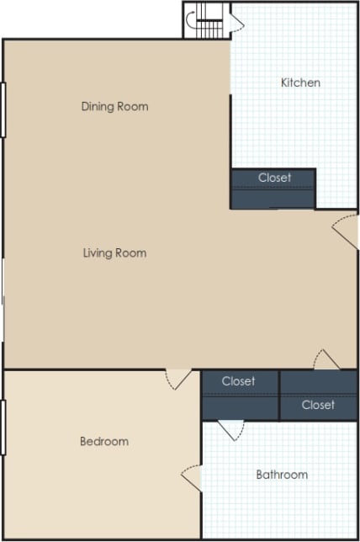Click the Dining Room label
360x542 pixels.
click(114, 107)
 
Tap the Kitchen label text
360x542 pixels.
click(300, 82)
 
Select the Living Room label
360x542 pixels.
click(114, 252)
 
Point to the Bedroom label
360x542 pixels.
click(104, 442)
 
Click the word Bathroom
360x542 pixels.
click(282, 475)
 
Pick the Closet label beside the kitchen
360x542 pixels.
click(274, 178)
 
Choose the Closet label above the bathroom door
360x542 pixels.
click(238, 381)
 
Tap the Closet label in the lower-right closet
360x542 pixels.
click(318, 405)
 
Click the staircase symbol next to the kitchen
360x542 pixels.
click(210, 22)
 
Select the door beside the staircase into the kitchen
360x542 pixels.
click(236, 23)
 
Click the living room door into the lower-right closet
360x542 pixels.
click(326, 359)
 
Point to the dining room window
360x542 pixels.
click(3, 109)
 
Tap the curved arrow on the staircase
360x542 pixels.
click(193, 22)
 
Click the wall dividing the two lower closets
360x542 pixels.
click(279, 395)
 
